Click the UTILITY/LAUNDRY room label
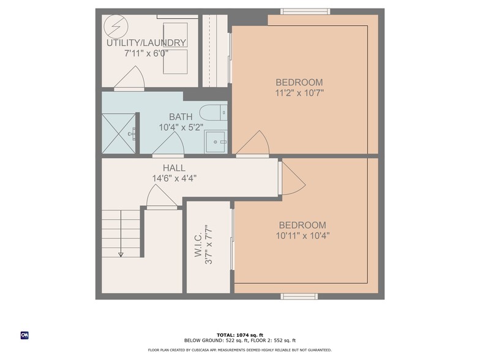pyautogui.click(x=146, y=43)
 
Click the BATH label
pyautogui.click(x=181, y=117)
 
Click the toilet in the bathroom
pyautogui.click(x=214, y=112)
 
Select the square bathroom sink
pyautogui.click(x=216, y=141)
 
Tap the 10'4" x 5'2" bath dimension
pyautogui.click(x=181, y=127)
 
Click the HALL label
pyautogui.click(x=174, y=168)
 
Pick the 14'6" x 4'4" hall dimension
pyautogui.click(x=174, y=178)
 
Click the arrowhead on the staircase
pyautogui.click(x=121, y=254)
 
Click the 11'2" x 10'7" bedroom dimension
pyautogui.click(x=299, y=93)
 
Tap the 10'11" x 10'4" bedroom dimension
pyautogui.click(x=302, y=235)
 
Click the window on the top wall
pyautogui.click(x=305, y=11)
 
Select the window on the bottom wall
pyautogui.click(x=299, y=296)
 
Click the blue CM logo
pyautogui.click(x=25, y=335)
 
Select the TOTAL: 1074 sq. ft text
pyautogui.click(x=240, y=335)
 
